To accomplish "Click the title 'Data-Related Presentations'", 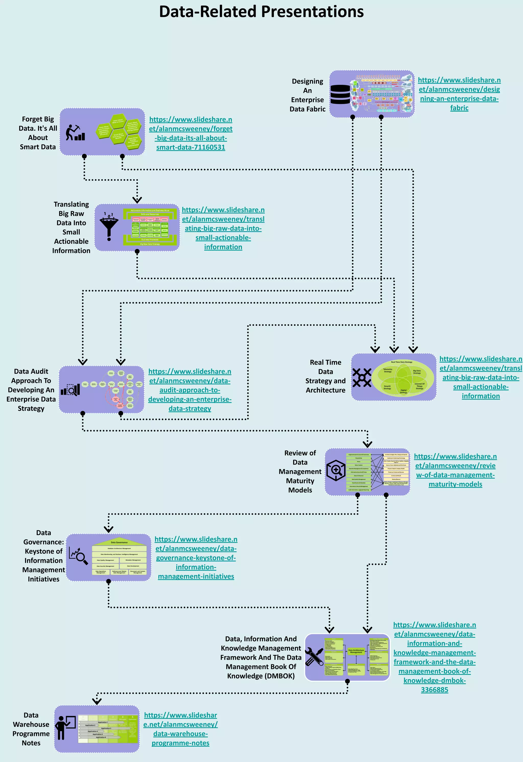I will click(261, 12).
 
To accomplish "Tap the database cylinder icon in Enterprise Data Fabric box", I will click(340, 94).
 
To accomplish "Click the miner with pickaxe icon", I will click(75, 132).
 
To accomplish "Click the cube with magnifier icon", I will click(336, 470).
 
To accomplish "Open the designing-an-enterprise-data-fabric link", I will click(459, 94).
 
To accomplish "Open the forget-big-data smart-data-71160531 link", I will click(191, 133).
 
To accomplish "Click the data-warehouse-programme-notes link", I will click(180, 729).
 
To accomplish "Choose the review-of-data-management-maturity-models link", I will click(455, 470).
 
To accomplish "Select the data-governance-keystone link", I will click(196, 558).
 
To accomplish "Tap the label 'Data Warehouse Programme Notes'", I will click(31, 729).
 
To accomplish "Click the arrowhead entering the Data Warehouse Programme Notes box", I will click(97, 702).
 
